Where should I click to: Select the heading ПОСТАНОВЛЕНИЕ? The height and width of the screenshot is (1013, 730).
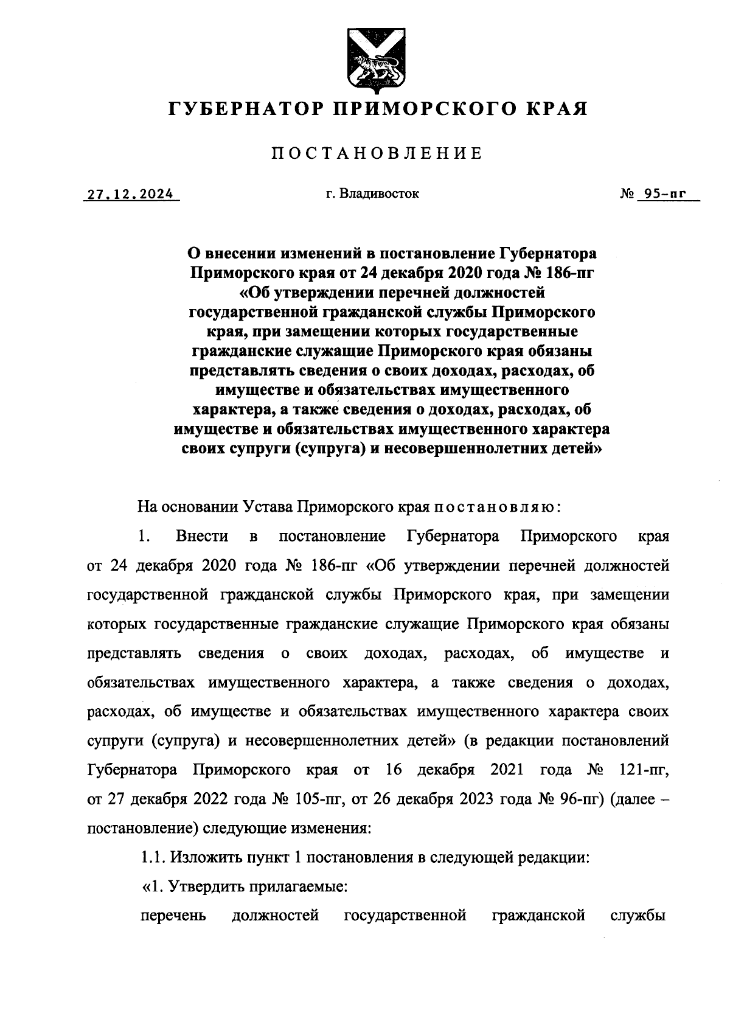click(x=377, y=153)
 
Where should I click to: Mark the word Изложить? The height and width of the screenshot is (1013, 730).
click(x=203, y=858)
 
